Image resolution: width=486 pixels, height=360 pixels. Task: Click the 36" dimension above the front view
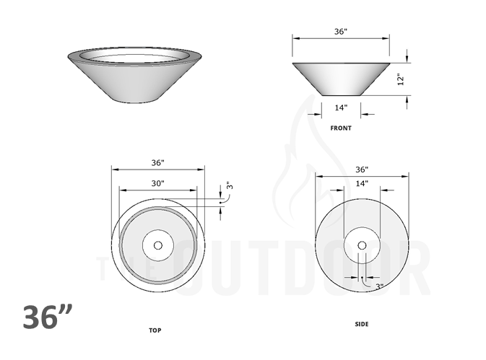pyautogui.click(x=340, y=31)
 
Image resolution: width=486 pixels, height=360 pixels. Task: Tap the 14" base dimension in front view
pyautogui.click(x=341, y=107)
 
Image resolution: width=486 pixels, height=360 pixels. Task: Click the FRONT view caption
pyautogui.click(x=341, y=128)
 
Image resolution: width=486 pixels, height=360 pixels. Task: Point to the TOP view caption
pyautogui.click(x=155, y=330)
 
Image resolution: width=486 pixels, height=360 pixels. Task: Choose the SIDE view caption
pyautogui.click(x=362, y=325)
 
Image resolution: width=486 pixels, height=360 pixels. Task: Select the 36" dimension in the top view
pyautogui.click(x=158, y=162)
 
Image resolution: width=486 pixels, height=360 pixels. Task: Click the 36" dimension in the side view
pyautogui.click(x=362, y=170)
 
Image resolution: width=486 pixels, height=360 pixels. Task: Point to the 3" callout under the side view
pyautogui.click(x=379, y=286)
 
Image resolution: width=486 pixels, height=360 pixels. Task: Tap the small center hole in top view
pyautogui.click(x=157, y=245)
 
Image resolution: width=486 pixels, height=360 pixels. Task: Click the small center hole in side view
pyautogui.click(x=362, y=245)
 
